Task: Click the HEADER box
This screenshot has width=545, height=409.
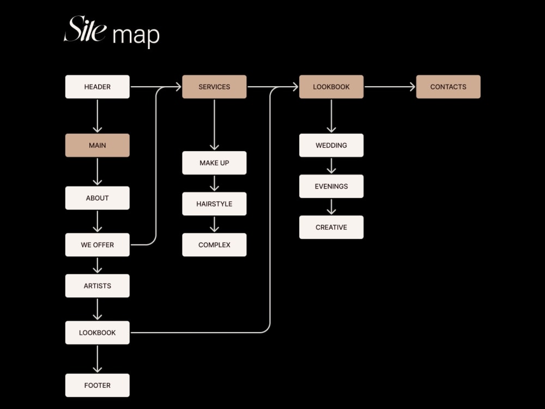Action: click(x=98, y=87)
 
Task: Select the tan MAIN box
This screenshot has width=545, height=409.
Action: click(x=98, y=145)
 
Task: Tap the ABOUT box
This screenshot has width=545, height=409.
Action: click(x=98, y=198)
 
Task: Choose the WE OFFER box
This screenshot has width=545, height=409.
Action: click(x=98, y=245)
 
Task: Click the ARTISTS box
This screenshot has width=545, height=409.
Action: click(x=98, y=286)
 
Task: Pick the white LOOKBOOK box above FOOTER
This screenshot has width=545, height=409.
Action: click(x=98, y=333)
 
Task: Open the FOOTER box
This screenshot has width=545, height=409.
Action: click(x=98, y=386)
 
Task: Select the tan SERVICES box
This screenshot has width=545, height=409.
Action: click(x=214, y=87)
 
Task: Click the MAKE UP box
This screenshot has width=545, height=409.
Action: click(x=214, y=163)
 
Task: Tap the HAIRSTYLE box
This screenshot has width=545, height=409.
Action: click(x=214, y=204)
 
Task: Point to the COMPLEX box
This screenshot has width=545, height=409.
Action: click(x=214, y=245)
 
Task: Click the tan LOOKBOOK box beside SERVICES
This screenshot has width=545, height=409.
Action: click(x=331, y=87)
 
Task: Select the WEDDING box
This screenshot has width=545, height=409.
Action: click(x=331, y=145)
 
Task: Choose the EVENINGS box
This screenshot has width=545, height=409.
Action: click(x=331, y=186)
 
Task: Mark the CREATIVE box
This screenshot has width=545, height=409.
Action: click(x=331, y=227)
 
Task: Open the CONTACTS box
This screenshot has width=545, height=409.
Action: click(x=449, y=87)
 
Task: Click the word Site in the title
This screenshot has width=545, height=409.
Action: click(x=85, y=29)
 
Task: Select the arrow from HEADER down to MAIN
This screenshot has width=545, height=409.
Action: click(x=98, y=116)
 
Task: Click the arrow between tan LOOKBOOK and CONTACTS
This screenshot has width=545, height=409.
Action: click(x=390, y=87)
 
